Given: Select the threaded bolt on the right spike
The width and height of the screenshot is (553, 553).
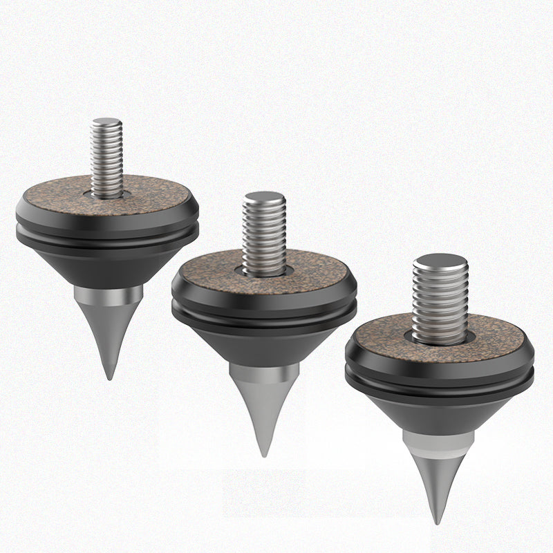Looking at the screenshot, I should point(440,301).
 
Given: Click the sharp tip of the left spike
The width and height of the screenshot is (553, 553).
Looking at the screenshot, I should point(109,377).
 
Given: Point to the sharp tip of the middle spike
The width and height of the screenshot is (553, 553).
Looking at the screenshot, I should point(263,453).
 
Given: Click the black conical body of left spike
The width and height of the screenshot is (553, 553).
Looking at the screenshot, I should point(107,266).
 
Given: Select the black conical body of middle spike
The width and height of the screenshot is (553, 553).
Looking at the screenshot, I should point(264,344).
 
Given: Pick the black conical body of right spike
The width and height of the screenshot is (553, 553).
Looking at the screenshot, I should point(439,413).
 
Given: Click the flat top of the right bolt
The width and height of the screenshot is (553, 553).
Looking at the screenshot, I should point(440,261).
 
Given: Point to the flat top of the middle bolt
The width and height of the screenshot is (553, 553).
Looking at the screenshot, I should point(263,198).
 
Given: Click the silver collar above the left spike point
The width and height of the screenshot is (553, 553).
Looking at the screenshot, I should point(109,296).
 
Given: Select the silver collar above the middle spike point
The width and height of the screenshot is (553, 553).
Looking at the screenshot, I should point(264,374).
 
